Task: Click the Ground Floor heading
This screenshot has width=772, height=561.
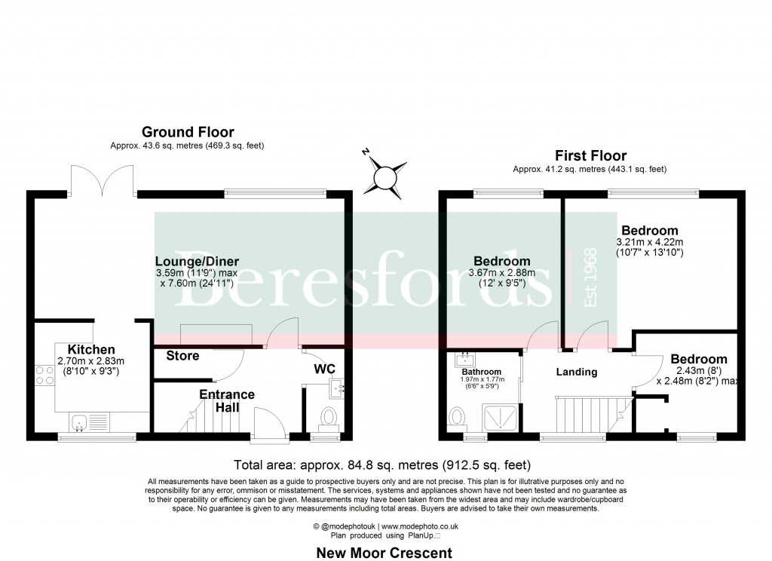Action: coord(188,132)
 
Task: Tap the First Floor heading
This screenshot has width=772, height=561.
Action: coord(590,155)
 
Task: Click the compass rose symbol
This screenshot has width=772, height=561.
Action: coord(385,177)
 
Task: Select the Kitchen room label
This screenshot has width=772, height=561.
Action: coord(91,350)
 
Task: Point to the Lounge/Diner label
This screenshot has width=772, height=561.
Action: coord(197,262)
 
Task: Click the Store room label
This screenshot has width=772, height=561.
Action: coord(182,356)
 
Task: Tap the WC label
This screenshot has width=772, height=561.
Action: coord(324,369)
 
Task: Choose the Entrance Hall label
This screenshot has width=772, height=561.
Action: coord(227,401)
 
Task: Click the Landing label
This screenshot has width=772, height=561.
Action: coord(577,372)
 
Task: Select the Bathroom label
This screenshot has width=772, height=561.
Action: coord(482,372)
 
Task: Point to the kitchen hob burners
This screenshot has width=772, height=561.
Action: coord(44,376)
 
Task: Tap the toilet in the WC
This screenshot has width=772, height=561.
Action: coord(328,418)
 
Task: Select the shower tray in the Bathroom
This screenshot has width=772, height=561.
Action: coord(501,417)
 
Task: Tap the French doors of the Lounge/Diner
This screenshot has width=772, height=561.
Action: coord(102,180)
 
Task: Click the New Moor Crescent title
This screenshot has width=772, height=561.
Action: coord(384,553)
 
